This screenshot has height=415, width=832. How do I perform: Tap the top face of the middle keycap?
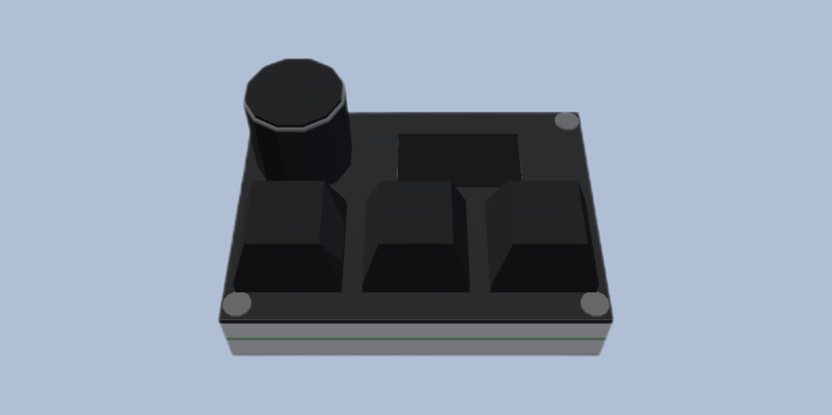point(414,213)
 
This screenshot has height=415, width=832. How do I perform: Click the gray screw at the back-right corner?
point(566,121)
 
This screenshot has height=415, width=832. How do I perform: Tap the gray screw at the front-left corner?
point(237,303)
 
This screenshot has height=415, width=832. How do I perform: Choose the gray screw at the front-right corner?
point(594,304)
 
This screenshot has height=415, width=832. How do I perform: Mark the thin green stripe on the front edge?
point(416,338)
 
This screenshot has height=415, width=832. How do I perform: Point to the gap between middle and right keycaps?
point(478,247)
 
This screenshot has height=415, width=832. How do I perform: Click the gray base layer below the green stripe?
point(416,348)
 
